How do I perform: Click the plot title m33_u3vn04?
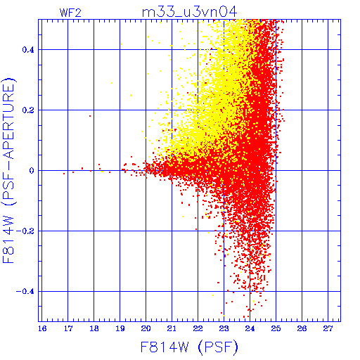189,12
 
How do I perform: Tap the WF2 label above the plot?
70,13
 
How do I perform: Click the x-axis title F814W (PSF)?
189,347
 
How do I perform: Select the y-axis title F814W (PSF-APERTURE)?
9,170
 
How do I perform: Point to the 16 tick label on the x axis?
42,328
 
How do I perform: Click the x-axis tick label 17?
68,328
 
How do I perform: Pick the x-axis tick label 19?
120,328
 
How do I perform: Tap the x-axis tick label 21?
172,328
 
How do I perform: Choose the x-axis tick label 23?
224,328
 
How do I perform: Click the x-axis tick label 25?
276,328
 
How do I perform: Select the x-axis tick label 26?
302,328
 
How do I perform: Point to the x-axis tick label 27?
328,328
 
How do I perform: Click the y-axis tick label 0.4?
28,50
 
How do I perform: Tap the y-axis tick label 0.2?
28,110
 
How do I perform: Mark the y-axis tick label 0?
32,171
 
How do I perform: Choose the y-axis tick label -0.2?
25,231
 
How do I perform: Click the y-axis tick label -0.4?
25,292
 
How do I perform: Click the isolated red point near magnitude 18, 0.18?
90,116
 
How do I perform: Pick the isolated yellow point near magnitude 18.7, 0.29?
112,83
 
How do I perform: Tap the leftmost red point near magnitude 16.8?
64,174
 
